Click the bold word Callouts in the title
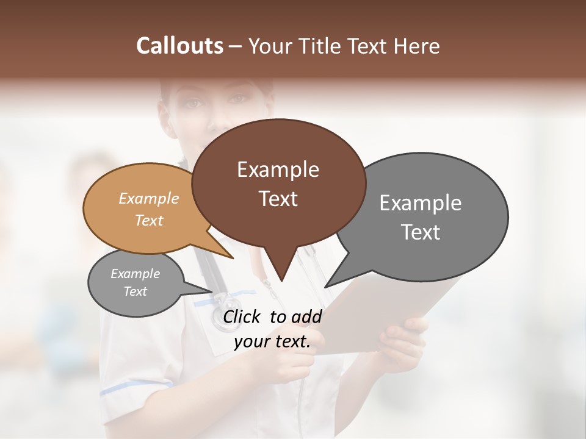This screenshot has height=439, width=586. [x=179, y=46]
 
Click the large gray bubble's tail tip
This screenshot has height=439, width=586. [x=325, y=287]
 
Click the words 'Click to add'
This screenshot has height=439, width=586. [x=272, y=316]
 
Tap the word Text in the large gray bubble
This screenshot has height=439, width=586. [x=421, y=232]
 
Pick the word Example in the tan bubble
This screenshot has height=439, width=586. [x=148, y=198]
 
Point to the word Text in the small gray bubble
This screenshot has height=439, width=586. [x=135, y=291]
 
